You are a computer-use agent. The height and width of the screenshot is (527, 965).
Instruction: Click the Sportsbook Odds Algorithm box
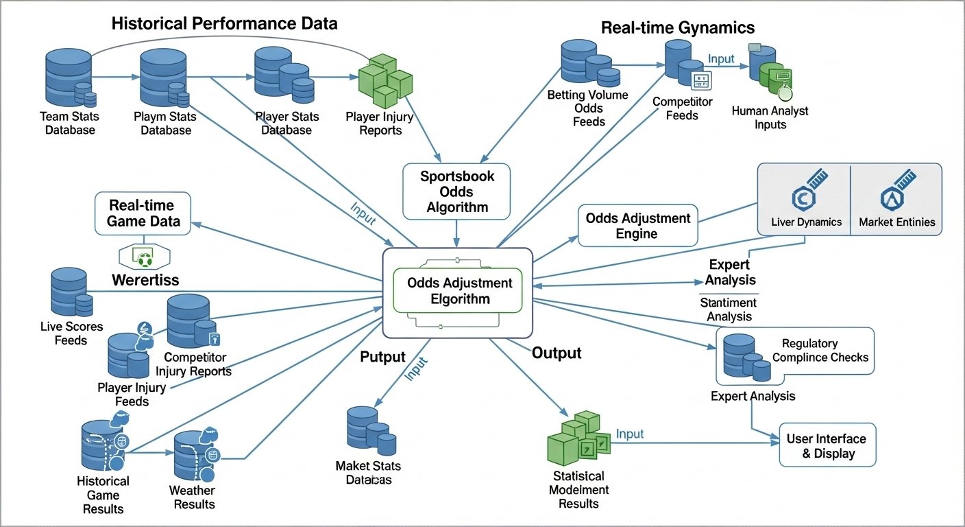pyautogui.click(x=457, y=192)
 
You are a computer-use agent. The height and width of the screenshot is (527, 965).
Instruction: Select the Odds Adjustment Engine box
pyautogui.click(x=637, y=226)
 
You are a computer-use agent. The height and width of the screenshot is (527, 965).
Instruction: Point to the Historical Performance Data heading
pyautogui.click(x=224, y=23)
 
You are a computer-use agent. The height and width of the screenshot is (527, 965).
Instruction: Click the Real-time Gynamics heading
pyautogui.click(x=677, y=27)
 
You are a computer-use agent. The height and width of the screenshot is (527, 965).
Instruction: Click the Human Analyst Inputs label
pyautogui.click(x=770, y=117)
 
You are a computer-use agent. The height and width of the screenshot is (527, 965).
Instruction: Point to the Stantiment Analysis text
pyautogui.click(x=728, y=309)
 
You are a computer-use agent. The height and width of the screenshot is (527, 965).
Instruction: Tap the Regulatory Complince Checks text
pyautogui.click(x=820, y=351)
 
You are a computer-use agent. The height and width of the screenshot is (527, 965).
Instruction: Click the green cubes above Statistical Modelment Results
pyautogui.click(x=578, y=438)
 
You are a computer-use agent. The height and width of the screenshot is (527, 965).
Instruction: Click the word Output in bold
pyautogui.click(x=557, y=353)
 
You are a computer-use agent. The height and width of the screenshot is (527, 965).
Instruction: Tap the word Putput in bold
pyautogui.click(x=382, y=357)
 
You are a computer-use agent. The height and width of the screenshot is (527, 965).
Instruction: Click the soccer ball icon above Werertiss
pyautogui.click(x=144, y=258)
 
